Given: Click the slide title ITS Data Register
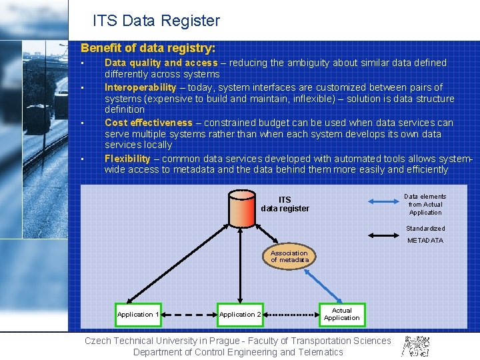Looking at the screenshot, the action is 156,21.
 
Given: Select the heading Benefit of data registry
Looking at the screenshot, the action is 148,48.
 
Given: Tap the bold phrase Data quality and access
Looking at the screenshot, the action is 161,63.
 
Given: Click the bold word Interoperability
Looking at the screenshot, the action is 140,87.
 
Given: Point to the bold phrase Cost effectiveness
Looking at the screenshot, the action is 148,123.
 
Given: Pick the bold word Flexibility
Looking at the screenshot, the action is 127,159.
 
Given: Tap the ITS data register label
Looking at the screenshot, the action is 285,204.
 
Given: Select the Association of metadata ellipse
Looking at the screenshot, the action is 289,257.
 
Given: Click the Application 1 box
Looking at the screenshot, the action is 138,315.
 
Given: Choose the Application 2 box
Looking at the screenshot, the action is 240,315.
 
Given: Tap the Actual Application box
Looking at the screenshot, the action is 341,314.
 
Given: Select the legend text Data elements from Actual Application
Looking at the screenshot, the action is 425,204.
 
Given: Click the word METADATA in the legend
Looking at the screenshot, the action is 425,241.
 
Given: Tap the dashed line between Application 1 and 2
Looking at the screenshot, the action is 189,315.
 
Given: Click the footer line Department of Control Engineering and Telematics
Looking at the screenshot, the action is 238,352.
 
